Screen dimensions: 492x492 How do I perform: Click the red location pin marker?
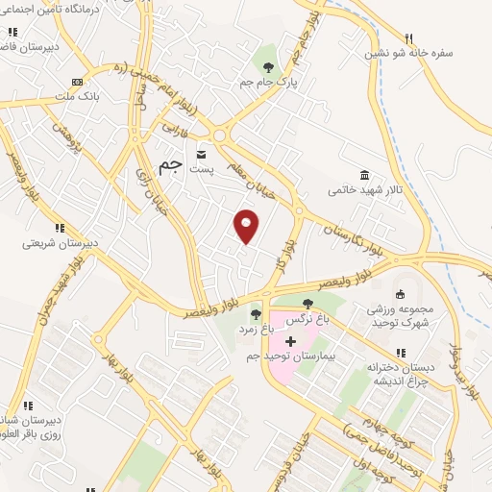tap(247, 225)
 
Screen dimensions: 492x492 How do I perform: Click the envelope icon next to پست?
tap(202, 154)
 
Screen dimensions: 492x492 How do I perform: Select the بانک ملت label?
tap(77, 96)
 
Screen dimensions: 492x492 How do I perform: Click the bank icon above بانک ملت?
tap(77, 82)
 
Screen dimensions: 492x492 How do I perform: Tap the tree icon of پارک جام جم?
tap(268, 67)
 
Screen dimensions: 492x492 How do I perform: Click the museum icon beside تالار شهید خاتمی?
tap(365, 175)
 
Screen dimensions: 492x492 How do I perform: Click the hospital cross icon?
tap(290, 342)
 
